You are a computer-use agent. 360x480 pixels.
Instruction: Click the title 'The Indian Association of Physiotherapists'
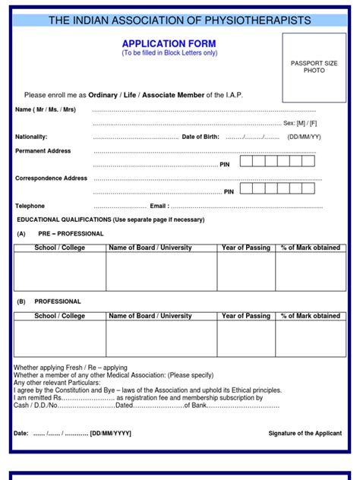pos(179,20)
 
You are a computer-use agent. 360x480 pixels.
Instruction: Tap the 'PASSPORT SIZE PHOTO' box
pos(314,67)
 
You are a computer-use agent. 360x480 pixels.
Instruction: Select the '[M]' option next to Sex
pos(301,122)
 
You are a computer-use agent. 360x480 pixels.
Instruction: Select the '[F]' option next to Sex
pos(314,122)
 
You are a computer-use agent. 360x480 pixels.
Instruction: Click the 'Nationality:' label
pos(31,137)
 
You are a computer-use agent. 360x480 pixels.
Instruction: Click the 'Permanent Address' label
pos(43,151)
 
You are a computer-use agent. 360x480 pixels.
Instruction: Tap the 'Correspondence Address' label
pos(52,178)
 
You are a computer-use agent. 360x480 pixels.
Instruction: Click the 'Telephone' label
pos(30,206)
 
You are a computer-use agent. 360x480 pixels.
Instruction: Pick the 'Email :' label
pos(159,206)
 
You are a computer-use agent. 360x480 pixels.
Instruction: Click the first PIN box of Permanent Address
pos(246,161)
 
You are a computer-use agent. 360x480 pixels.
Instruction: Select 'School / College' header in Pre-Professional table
pos(60,248)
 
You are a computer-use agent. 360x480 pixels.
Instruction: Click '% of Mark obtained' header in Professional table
pos(311,316)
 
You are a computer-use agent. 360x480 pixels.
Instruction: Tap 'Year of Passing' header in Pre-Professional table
pos(246,248)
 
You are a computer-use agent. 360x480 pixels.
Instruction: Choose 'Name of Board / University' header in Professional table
pos(150,316)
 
